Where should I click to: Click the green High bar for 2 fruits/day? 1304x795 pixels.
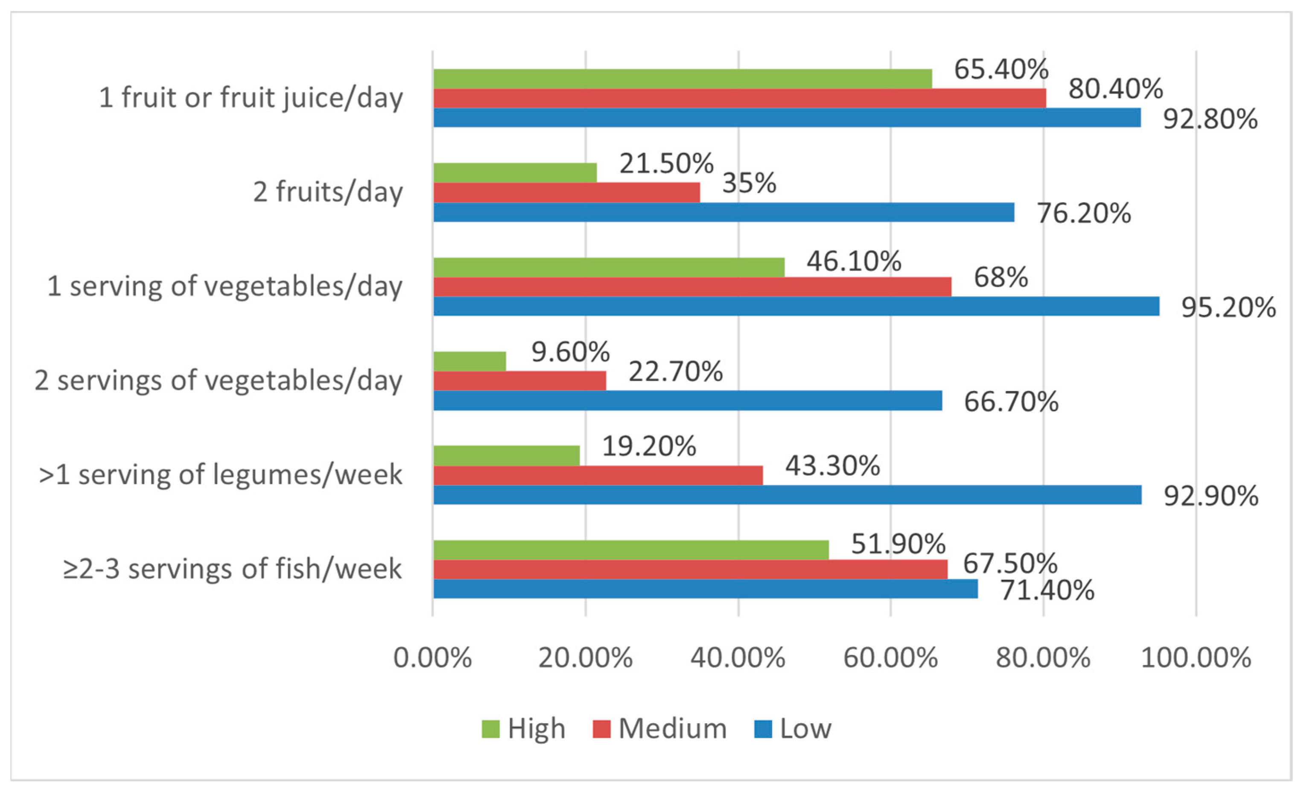click(514, 172)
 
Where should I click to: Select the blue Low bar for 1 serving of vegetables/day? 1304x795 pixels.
click(796, 307)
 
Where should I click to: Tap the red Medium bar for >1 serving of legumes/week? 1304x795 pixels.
click(598, 475)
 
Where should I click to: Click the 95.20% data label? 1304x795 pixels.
click(1228, 307)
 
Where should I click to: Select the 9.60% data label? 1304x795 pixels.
click(571, 352)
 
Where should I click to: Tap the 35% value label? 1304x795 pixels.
click(749, 183)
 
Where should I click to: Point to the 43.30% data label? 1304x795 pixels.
click(832, 466)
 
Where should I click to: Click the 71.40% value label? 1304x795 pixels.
click(1047, 590)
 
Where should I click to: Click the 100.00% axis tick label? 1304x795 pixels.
click(1196, 658)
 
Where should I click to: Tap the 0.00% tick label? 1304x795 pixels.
click(432, 658)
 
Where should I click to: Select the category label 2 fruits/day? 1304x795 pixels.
click(327, 192)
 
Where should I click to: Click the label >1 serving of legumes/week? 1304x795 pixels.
click(220, 474)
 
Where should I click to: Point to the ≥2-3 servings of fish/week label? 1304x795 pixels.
click(232, 569)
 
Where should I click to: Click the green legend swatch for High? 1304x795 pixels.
click(490, 729)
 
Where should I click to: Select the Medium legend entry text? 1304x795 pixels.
click(673, 729)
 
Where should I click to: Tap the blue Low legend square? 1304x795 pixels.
click(763, 729)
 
